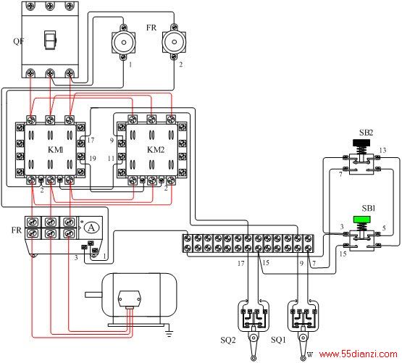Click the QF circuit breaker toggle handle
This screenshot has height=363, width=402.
(50, 40)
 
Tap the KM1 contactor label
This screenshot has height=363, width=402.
(55, 149)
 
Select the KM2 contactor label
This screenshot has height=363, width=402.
(156, 149)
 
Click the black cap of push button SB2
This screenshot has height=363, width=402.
(361, 143)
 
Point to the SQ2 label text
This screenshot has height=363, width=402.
(228, 340)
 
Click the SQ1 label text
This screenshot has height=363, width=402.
(278, 340)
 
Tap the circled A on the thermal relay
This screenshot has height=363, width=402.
(91, 228)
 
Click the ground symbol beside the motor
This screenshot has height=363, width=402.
(169, 331)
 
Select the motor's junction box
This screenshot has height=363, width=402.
(129, 299)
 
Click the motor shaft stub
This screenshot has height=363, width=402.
(94, 294)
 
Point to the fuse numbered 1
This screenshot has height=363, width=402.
(124, 42)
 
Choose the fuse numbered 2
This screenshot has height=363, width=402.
(175, 42)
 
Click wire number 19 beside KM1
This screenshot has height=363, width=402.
(93, 158)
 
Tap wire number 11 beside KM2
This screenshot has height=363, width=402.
(111, 158)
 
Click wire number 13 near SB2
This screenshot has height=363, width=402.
(382, 150)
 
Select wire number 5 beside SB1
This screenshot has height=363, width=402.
(384, 228)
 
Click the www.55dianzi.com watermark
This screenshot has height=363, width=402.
(358, 354)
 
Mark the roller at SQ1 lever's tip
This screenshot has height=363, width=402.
(303, 358)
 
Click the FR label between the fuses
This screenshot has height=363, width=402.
(151, 28)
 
